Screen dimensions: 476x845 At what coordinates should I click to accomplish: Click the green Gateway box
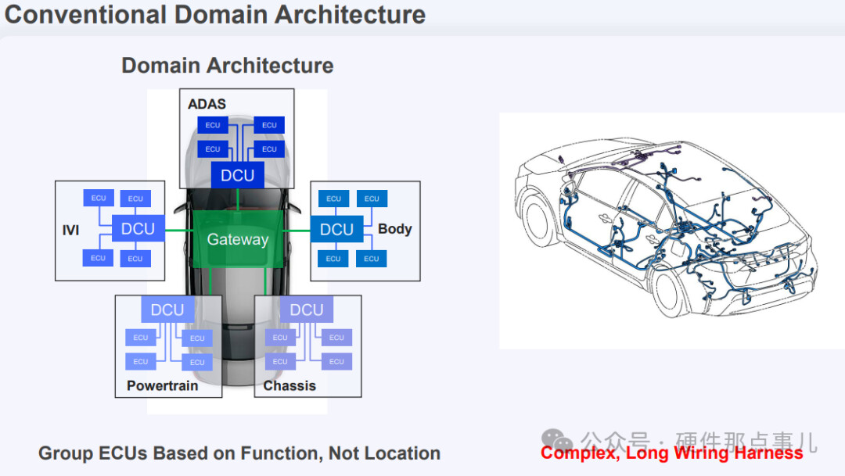(x=237, y=240)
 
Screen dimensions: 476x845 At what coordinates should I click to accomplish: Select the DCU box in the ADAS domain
(x=237, y=175)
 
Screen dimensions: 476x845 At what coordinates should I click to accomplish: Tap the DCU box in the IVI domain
(x=138, y=229)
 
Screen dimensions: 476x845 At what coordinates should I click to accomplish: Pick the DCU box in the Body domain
(x=336, y=229)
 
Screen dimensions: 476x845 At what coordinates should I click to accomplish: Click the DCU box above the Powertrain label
(x=167, y=310)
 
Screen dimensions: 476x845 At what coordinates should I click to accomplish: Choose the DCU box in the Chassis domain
(x=307, y=310)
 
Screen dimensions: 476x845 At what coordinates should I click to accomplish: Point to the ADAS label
(x=207, y=104)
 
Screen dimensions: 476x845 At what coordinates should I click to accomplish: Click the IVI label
(x=70, y=231)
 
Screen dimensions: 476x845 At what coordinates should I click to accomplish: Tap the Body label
(x=394, y=229)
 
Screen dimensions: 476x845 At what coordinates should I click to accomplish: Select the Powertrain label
(x=162, y=385)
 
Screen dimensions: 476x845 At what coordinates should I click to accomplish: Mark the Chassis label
(x=289, y=385)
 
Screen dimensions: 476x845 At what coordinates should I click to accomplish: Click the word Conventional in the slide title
(x=85, y=14)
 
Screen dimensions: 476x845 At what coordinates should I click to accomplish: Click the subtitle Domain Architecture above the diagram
(x=227, y=66)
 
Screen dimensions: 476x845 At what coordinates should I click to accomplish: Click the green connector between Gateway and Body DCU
(x=297, y=230)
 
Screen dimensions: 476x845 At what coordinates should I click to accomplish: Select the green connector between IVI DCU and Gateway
(x=179, y=230)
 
